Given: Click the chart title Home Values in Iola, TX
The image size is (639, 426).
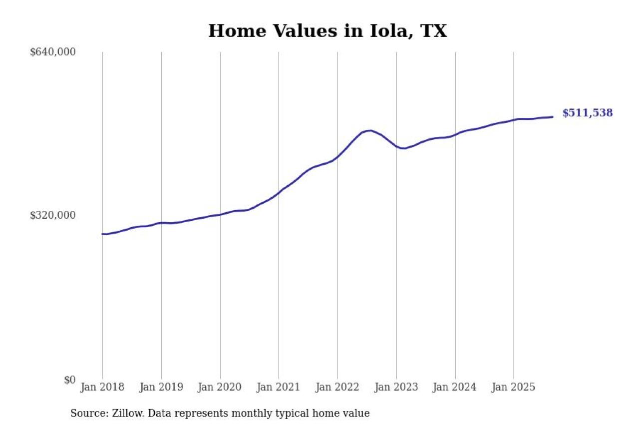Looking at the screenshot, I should (327, 31).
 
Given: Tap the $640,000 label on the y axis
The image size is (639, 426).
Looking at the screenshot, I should (52, 52).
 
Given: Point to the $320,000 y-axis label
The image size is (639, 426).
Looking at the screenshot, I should (52, 215).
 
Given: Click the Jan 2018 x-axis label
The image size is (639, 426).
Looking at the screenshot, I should (102, 387).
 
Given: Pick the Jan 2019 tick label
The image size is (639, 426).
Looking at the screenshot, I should (161, 387).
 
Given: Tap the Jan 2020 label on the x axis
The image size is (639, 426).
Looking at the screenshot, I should (220, 387).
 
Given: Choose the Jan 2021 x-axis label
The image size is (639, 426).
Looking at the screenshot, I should (279, 387).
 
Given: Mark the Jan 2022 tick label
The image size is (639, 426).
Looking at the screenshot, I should (337, 387).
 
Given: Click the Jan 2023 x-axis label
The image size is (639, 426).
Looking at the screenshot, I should (396, 387).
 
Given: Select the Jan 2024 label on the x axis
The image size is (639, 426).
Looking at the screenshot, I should (455, 387).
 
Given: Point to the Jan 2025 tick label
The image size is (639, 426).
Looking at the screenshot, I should (514, 387).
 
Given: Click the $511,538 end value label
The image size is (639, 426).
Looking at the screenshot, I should (588, 113).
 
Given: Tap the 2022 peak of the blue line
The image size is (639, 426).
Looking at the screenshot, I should (369, 130).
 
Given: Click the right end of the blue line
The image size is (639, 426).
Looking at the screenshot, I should (552, 117).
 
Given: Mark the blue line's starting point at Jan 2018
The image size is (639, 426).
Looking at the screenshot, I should (103, 234).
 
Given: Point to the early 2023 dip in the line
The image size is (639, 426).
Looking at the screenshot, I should (403, 148).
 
